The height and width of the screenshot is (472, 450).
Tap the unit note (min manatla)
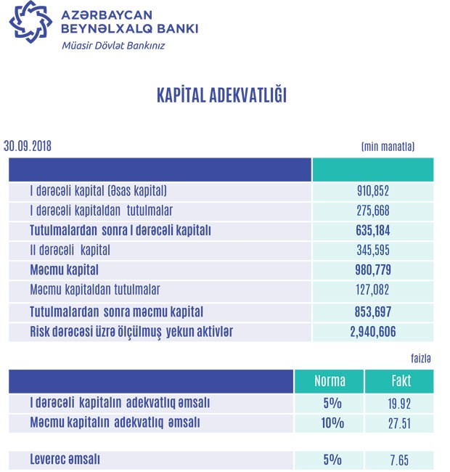(x=388, y=146)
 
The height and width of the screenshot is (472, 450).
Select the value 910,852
(x=372, y=192)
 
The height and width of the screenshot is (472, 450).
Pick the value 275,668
(x=372, y=211)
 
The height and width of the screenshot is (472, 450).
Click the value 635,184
(x=372, y=231)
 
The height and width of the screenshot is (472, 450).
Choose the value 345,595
(x=372, y=251)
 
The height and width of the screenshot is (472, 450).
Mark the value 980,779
(x=372, y=271)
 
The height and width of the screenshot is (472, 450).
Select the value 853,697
(x=372, y=312)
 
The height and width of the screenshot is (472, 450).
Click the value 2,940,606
(x=372, y=332)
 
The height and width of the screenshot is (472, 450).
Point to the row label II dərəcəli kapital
(x=70, y=251)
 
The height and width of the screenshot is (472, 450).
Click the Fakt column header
(x=398, y=381)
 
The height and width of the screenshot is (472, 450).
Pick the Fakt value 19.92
(x=398, y=403)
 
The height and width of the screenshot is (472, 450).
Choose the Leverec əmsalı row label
(x=65, y=460)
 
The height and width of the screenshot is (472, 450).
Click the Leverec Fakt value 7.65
(x=398, y=460)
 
